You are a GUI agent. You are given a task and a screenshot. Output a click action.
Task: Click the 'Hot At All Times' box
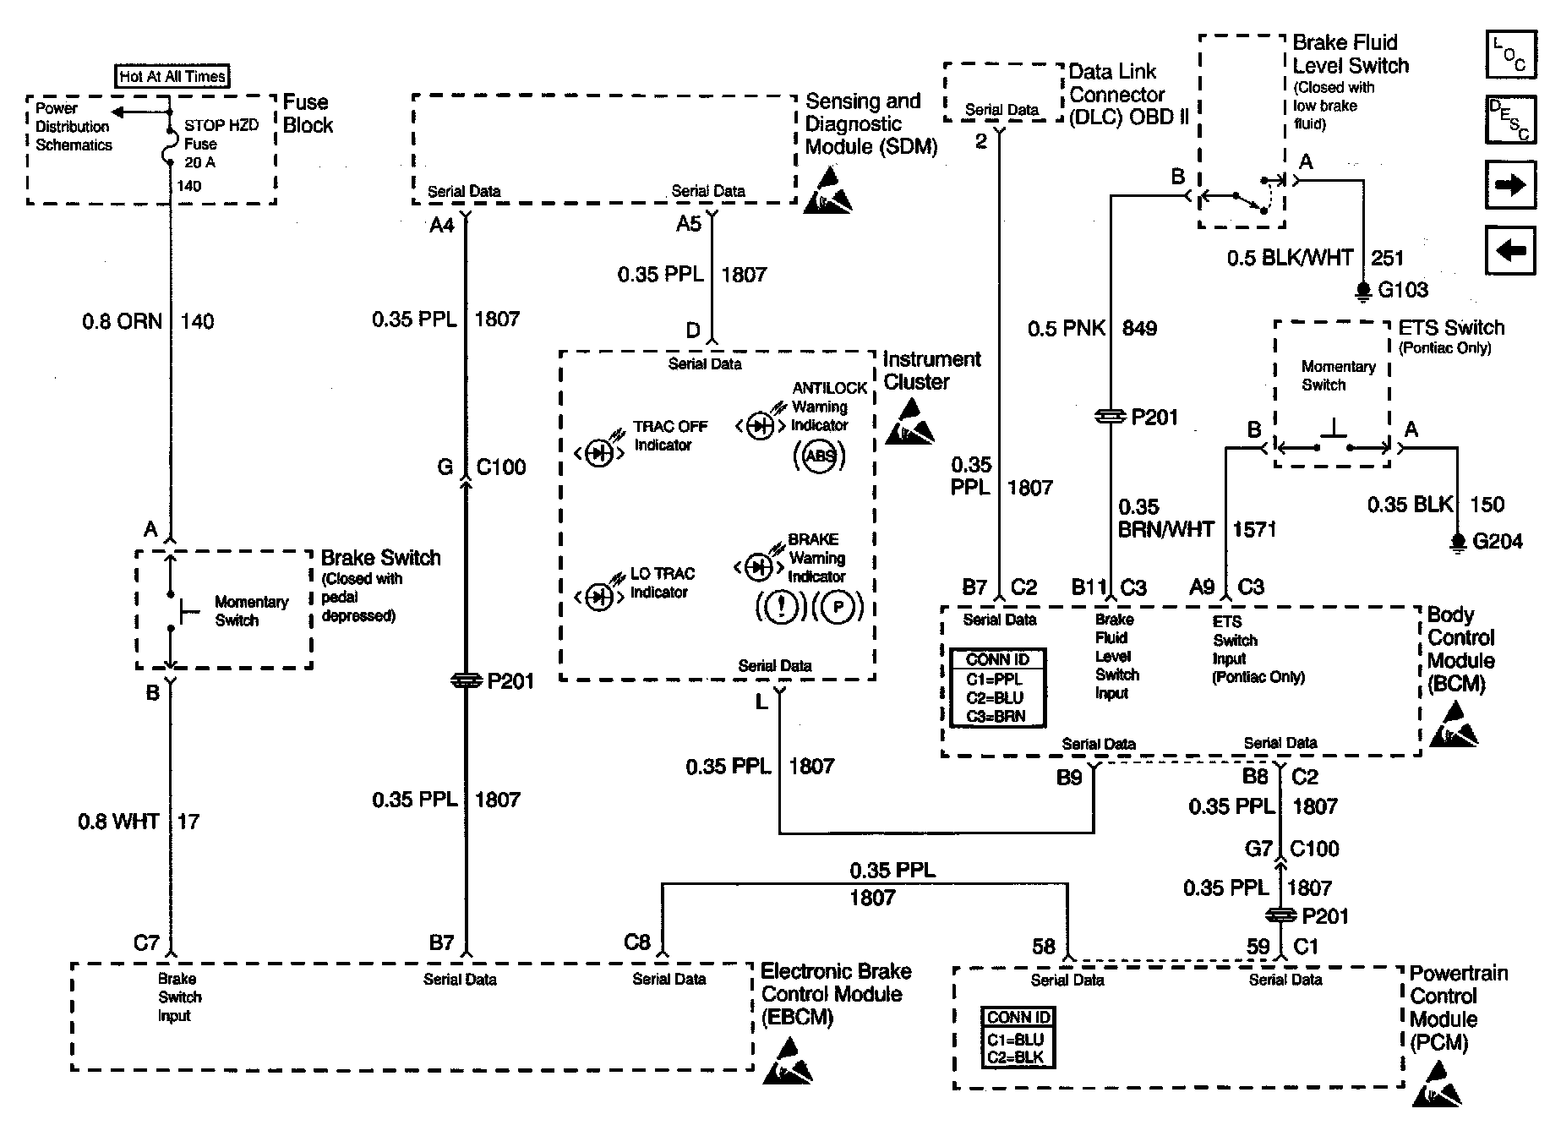(x=172, y=76)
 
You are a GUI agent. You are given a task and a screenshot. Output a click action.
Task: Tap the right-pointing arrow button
(x=1510, y=184)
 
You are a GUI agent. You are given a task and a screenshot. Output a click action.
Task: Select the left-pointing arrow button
(x=1510, y=250)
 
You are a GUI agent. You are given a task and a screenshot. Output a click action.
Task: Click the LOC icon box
(x=1510, y=55)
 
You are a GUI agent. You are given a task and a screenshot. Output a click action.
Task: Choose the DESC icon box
(x=1510, y=120)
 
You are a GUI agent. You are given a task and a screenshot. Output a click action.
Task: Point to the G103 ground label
(x=1403, y=290)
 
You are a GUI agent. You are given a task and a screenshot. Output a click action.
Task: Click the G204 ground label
(x=1497, y=541)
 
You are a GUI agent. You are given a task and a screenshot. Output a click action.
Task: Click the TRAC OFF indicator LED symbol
(x=599, y=454)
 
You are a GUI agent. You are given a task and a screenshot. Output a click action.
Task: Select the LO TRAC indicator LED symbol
(x=599, y=598)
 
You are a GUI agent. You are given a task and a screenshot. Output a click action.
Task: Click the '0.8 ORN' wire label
(x=122, y=321)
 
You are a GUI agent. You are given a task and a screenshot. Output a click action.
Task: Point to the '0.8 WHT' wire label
(x=118, y=822)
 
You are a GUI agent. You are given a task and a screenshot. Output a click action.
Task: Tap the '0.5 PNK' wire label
(x=1067, y=328)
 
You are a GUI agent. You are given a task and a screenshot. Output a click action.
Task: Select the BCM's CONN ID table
(x=997, y=687)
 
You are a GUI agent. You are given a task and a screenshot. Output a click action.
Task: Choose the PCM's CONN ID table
(x=1018, y=1037)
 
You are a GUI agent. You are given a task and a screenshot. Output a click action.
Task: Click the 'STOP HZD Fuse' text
(x=221, y=134)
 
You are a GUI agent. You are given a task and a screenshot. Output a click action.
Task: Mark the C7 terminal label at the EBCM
(x=146, y=942)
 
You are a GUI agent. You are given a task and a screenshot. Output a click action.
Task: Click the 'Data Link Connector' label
(x=1116, y=83)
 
